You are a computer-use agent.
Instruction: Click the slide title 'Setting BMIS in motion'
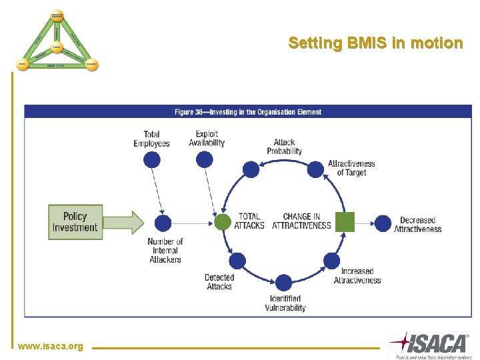click(x=375, y=43)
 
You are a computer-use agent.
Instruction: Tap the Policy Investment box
click(x=75, y=222)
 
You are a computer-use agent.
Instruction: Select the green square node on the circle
click(x=345, y=222)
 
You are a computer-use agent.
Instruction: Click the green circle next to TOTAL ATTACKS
click(x=223, y=222)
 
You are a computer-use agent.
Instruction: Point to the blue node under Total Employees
click(x=152, y=159)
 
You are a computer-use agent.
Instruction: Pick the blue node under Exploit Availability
click(x=205, y=159)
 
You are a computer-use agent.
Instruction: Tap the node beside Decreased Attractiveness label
click(x=383, y=222)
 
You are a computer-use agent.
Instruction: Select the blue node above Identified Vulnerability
click(x=283, y=283)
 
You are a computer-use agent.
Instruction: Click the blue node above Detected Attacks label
click(x=237, y=261)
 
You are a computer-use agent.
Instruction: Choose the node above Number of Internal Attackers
click(x=163, y=223)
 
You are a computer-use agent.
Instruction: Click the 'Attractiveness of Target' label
click(x=351, y=168)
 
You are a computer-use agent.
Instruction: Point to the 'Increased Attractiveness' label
click(x=357, y=276)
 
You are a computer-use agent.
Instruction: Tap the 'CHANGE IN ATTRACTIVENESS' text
click(x=301, y=221)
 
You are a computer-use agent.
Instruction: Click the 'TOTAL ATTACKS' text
click(x=249, y=221)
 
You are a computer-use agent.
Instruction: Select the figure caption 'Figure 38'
click(x=247, y=112)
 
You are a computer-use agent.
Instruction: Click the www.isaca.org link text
click(x=51, y=346)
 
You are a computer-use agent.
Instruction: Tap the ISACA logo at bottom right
click(x=429, y=345)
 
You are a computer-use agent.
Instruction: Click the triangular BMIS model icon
click(x=57, y=41)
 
